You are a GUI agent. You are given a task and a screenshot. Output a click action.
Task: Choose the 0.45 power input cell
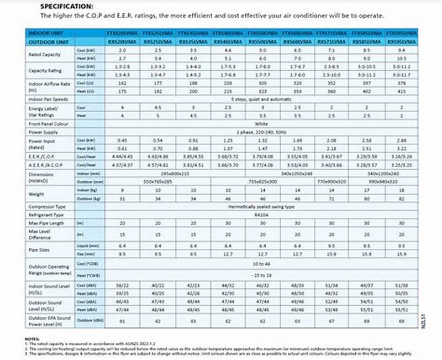[x=123, y=140]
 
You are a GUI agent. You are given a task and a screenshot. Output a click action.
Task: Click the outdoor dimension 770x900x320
[x=331, y=181]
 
